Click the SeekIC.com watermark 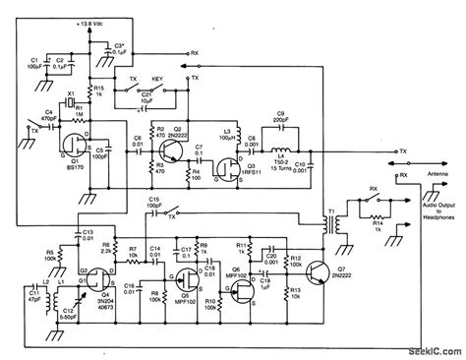[x=429, y=351]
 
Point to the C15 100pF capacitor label [x=156, y=204]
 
